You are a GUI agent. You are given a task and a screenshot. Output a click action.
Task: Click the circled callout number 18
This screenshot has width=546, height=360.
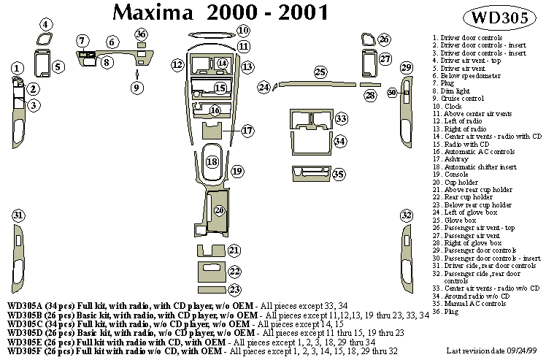(x=212, y=162)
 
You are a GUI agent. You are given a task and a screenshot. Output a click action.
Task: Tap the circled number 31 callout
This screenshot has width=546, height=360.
(x=18, y=215)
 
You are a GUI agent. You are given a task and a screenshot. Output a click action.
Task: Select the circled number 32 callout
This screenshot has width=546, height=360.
(x=407, y=215)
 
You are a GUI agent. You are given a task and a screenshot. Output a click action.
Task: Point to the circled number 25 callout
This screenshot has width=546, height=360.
(x=320, y=72)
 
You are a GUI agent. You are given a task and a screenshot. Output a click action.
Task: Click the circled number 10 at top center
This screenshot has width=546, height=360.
(x=243, y=31)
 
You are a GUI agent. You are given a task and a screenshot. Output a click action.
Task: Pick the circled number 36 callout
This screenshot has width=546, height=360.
(x=141, y=35)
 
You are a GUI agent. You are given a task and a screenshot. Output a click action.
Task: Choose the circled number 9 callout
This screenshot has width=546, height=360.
(x=136, y=88)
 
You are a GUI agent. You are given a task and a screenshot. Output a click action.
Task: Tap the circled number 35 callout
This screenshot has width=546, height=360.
(x=339, y=174)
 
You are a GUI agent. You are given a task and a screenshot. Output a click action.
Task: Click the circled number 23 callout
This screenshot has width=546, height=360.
(x=235, y=290)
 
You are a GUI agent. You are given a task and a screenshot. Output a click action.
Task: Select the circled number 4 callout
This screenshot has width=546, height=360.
(x=45, y=25)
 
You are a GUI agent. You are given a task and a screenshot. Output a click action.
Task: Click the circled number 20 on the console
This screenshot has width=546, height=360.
(x=220, y=210)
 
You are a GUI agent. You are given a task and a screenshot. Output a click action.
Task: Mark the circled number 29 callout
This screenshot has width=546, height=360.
(x=407, y=68)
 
